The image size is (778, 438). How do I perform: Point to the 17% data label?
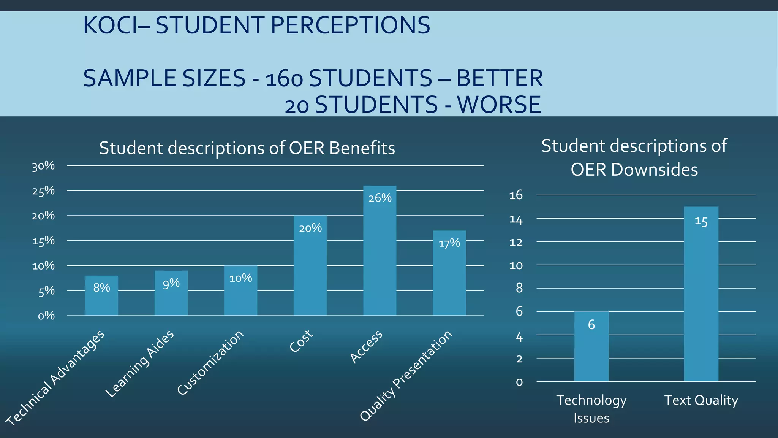coord(449,243)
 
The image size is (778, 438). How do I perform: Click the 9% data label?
coord(171,283)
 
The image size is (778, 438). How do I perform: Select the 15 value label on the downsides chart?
coord(701,222)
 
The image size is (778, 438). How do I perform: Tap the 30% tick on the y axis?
coord(43,166)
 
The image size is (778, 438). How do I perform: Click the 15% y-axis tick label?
coord(43,241)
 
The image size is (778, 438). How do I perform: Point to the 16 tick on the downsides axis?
coord(516,195)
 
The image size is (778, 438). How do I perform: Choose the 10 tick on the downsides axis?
coord(516,265)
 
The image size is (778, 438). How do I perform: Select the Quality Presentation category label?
coord(406,376)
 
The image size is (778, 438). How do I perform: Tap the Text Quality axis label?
coord(701,400)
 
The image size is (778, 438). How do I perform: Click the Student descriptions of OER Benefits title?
coord(247,148)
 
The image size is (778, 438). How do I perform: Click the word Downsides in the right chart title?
coord(655,170)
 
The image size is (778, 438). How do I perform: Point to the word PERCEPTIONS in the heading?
coord(350,25)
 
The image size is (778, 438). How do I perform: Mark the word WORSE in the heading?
coord(499,105)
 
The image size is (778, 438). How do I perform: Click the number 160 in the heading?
coord(284,79)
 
